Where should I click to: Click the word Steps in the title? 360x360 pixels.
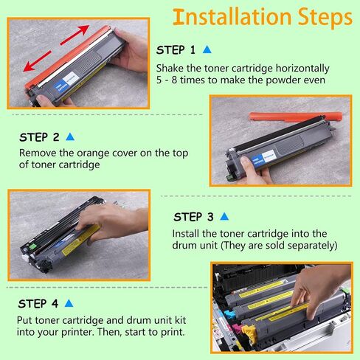tap(325, 17)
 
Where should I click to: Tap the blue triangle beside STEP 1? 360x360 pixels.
tap(207, 49)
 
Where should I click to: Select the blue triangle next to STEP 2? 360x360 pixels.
tap(70, 136)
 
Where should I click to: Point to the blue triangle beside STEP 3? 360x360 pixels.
tap(224, 216)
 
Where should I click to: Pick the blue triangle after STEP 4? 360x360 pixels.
tap(69, 303)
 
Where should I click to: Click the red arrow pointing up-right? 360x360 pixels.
tap(75, 35)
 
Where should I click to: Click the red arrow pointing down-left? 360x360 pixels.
tap(38, 61)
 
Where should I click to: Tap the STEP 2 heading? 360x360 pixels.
tap(39, 137)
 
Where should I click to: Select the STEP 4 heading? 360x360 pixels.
tap(38, 304)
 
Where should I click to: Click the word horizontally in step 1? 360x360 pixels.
tap(302, 68)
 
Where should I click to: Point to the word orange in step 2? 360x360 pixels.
tap(93, 153)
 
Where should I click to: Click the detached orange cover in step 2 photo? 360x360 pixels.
tap(296, 116)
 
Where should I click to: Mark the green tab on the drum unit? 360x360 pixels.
tap(32, 246)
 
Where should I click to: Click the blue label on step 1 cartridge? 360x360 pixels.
tap(60, 87)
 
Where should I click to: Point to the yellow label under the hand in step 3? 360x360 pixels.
tap(81, 239)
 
